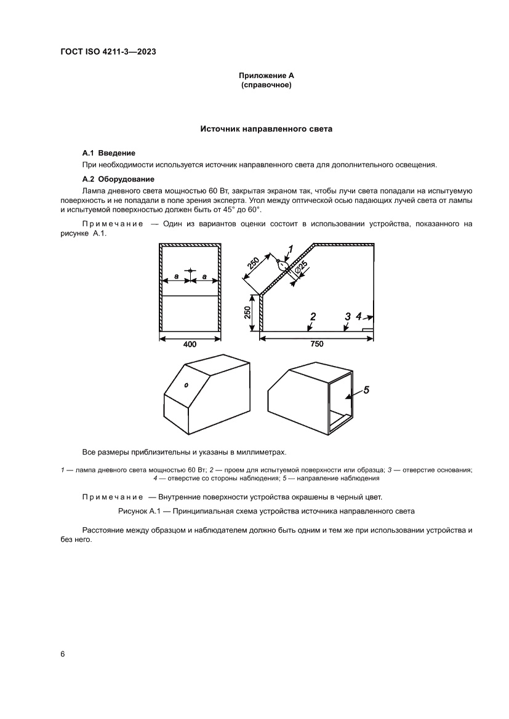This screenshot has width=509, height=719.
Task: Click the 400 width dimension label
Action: pos(190,345)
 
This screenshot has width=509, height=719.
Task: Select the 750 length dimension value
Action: pos(316,345)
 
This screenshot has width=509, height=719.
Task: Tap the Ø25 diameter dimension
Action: pos(301,268)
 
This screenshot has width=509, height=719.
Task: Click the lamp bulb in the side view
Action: pos(283,266)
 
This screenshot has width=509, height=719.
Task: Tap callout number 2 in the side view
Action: pos(313,317)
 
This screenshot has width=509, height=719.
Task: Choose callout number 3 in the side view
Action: pos(348,316)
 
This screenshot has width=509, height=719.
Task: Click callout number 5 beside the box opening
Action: pos(366,389)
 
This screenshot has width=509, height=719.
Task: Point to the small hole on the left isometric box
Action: pos(186,384)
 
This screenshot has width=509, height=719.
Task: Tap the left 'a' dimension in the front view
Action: pos(176,277)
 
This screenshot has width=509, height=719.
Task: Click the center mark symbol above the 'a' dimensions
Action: pos(191,270)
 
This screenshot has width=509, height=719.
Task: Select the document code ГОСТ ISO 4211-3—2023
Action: pos(108,52)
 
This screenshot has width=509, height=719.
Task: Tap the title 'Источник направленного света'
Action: pos(267,130)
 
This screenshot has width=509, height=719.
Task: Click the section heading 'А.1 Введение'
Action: pos(108,152)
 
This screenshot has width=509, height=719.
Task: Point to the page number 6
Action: pos(63,654)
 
